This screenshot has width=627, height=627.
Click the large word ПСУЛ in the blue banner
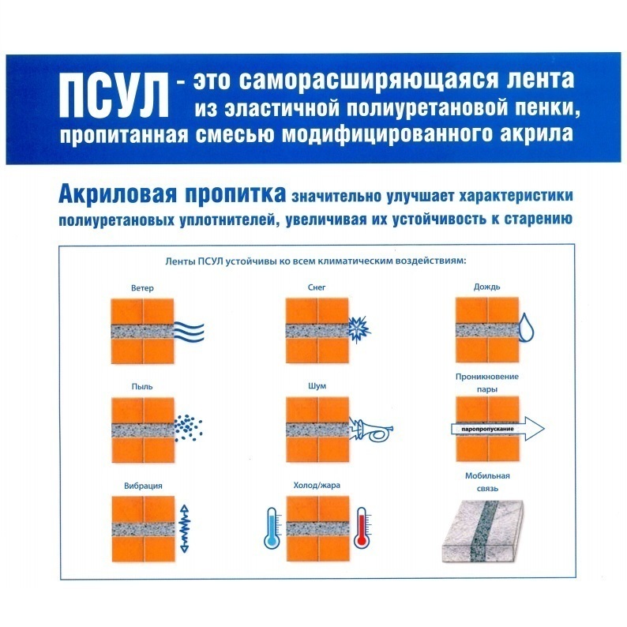[x=114, y=96]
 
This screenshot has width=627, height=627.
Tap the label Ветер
[x=142, y=288]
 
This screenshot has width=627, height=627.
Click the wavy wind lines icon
[x=190, y=332]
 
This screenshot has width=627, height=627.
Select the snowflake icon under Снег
[x=359, y=329]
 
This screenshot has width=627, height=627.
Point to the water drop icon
[x=526, y=328]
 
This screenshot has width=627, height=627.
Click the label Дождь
[x=486, y=287]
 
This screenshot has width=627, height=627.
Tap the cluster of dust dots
[x=189, y=427]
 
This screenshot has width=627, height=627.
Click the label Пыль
[x=142, y=387]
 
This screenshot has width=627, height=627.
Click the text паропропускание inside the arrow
[x=487, y=429]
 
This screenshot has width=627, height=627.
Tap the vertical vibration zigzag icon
[x=185, y=528]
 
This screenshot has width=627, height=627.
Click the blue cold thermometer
[x=272, y=528]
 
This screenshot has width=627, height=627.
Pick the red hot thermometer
[x=362, y=528]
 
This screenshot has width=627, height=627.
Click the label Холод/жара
[x=317, y=486]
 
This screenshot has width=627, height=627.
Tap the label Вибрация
[x=143, y=486]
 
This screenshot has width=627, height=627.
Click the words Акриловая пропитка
[x=172, y=194]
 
